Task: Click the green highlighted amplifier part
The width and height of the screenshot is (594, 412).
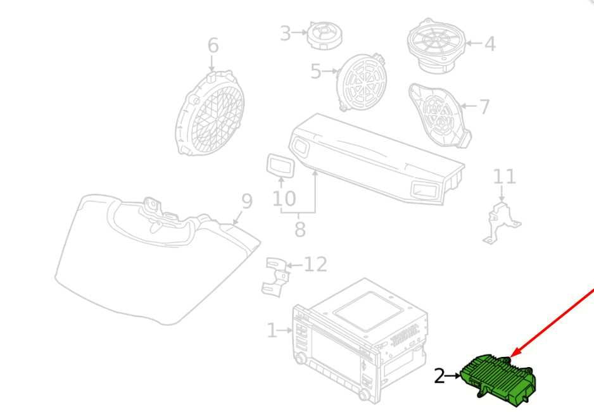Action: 499,380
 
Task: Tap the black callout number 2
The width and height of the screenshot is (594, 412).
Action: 439,377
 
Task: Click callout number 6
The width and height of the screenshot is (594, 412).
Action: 213,45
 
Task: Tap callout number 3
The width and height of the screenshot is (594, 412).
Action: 285,33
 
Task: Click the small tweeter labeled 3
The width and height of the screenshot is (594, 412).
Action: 325,35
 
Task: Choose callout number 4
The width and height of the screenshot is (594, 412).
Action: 490,44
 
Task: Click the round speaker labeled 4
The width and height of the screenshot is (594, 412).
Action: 436,46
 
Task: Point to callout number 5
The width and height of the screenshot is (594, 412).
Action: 316,71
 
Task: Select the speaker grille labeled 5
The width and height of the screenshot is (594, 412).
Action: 362,82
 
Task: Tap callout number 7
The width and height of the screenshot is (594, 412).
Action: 484,106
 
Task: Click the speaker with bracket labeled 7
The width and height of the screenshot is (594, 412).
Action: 439,115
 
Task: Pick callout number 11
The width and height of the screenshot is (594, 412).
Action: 504,177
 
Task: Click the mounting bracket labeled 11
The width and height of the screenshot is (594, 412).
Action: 501,223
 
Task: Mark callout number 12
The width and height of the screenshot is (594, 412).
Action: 315,264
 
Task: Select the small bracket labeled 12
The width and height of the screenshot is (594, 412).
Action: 275,277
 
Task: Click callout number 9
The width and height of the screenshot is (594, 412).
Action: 247,201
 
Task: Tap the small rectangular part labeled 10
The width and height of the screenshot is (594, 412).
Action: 281,165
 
